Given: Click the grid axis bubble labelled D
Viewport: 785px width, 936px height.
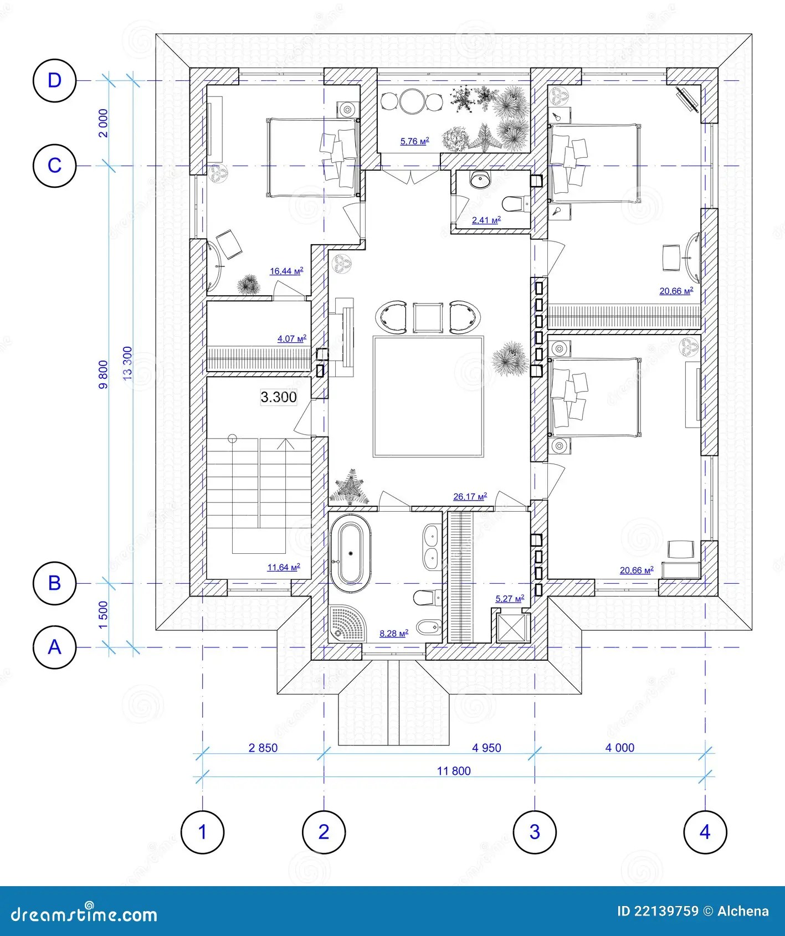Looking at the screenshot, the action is click(54, 81).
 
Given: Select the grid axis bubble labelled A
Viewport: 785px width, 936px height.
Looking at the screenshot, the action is click(54, 647).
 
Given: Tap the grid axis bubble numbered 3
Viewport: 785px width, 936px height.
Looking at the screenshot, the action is click(535, 832).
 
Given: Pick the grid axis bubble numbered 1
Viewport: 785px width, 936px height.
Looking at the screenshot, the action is click(202, 832).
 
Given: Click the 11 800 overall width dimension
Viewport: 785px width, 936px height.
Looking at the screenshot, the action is click(454, 771).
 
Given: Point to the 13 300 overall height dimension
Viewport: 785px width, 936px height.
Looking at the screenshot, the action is click(128, 363).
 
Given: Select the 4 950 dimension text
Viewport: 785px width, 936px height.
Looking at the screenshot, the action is click(486, 748).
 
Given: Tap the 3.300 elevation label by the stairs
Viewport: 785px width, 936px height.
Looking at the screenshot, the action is click(279, 397).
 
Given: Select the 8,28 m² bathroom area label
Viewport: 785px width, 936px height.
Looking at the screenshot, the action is click(394, 633).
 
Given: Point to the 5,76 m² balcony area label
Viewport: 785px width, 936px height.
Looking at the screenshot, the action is click(414, 141).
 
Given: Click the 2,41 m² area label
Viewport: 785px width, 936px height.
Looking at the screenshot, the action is click(486, 220).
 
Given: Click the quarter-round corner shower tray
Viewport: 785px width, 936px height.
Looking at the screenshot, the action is click(345, 623).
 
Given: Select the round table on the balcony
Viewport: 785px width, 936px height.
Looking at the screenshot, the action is click(412, 102).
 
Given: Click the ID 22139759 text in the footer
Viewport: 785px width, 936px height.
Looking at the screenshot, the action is click(658, 911).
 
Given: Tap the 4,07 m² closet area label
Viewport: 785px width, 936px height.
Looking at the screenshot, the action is click(291, 338).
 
